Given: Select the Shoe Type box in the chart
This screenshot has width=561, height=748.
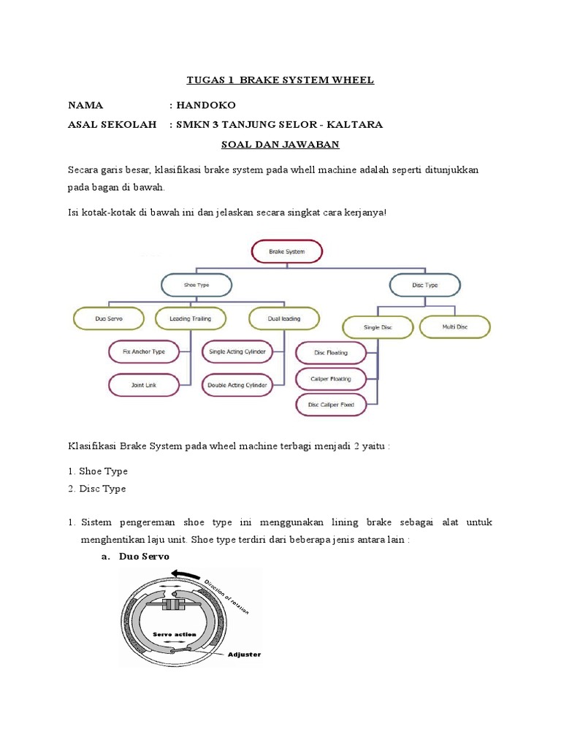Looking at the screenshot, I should click(x=195, y=285).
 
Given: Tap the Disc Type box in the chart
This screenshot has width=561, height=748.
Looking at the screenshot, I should click(x=424, y=285).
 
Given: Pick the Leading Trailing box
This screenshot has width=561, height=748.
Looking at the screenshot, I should click(x=190, y=318).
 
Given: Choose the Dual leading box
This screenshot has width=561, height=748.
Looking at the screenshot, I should click(x=284, y=318).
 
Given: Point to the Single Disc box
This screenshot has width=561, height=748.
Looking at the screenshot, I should click(x=378, y=327).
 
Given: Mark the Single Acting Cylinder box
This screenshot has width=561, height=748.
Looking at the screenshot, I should click(x=237, y=351).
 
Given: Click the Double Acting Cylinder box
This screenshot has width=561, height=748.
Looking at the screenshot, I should click(x=237, y=384).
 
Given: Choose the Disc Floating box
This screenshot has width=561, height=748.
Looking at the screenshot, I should click(x=331, y=353).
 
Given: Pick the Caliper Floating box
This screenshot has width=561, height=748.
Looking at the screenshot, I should click(x=331, y=378).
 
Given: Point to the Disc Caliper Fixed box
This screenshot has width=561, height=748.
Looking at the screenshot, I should click(x=331, y=404).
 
